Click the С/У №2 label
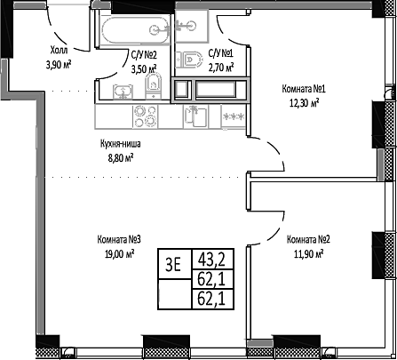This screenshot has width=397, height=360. click(145, 53)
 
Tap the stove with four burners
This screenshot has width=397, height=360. click(145, 113)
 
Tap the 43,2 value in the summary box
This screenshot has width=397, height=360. click(210, 236)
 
